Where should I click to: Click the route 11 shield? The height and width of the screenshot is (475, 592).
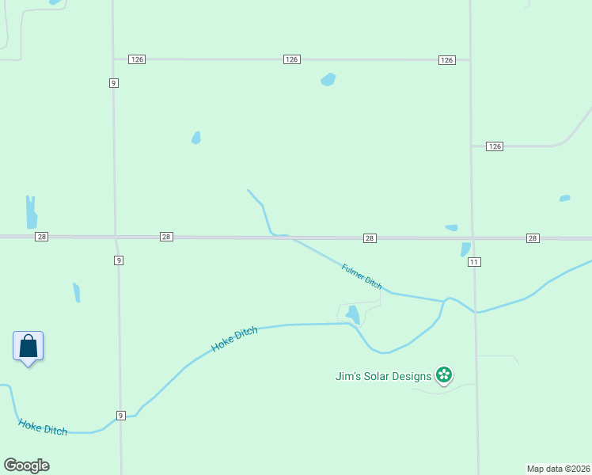[473, 261]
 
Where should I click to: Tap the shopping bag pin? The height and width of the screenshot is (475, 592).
[28, 347]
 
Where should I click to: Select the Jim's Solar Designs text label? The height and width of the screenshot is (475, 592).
[383, 376]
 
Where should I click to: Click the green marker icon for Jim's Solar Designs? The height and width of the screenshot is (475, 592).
[444, 375]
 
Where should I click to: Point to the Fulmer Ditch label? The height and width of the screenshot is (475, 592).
[362, 276]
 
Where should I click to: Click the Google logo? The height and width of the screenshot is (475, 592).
[26, 465]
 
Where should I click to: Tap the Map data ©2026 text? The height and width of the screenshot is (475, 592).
[558, 469]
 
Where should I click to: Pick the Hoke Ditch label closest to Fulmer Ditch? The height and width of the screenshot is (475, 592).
[234, 340]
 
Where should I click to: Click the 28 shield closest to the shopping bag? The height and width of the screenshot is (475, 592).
[42, 237]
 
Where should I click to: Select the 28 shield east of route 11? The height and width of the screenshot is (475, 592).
[532, 238]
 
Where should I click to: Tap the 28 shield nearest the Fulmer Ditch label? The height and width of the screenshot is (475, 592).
[370, 238]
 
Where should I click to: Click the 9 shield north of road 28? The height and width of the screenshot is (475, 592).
[114, 82]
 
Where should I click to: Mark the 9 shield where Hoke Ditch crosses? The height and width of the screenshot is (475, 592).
[120, 416]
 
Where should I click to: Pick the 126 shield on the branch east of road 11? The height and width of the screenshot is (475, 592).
[495, 146]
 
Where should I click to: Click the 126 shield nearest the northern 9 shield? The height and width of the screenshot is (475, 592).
[138, 59]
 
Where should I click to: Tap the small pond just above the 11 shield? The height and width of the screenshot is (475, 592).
[465, 249]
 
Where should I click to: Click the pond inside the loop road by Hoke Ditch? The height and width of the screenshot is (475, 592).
[353, 315]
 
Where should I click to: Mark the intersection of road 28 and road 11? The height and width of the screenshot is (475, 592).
[472, 237]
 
